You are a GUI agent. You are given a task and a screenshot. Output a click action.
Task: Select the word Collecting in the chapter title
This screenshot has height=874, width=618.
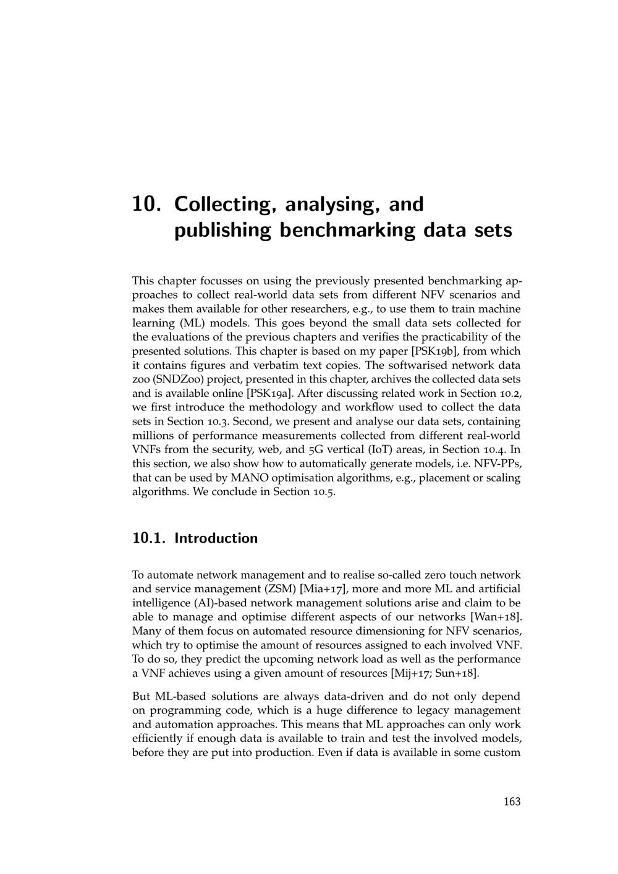pyautogui.click(x=224, y=205)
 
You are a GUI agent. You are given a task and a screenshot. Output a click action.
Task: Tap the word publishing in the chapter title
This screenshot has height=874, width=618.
pyautogui.click(x=223, y=231)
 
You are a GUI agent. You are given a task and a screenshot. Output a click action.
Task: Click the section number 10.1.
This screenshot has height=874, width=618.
pyautogui.click(x=149, y=538)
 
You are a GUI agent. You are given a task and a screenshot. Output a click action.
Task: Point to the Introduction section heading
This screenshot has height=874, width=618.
pyautogui.click(x=216, y=538)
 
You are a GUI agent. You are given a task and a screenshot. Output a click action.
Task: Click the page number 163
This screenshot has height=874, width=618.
pyautogui.click(x=512, y=802)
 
